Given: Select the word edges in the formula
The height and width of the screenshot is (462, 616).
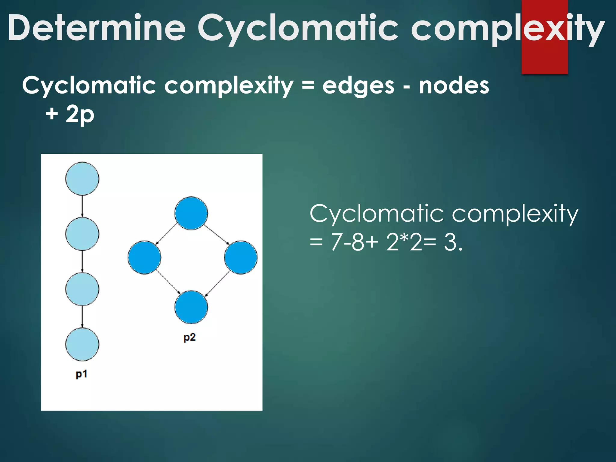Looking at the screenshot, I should pos(358,86).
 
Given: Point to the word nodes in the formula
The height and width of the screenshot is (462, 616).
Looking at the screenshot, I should pos(454,85).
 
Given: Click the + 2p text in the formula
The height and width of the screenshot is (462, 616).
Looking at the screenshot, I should pos(70,115).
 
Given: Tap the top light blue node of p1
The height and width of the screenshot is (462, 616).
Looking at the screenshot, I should pos(82,179).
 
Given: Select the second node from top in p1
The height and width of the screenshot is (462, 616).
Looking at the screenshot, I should pos(82,234).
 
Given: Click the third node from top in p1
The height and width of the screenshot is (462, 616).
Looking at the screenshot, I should pos(82,289).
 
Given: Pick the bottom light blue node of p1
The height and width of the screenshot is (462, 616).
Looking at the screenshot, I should pos(82,344).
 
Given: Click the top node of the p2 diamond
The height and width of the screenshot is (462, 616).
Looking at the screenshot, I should pos(191,213).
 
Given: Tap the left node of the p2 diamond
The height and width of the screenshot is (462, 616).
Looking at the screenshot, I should pos(144,257).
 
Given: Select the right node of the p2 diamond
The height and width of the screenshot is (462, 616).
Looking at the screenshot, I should pos(241,257).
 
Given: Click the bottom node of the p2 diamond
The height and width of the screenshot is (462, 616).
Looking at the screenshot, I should pos(191,307).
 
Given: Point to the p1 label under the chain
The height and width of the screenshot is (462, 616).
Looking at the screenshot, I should pos(81,374).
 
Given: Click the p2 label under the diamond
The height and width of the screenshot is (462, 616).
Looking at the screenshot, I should pos(189,337).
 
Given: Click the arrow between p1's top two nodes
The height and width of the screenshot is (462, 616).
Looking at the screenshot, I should pos(82,206).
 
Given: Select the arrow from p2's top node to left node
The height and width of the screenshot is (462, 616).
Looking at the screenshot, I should pos(166,234).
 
